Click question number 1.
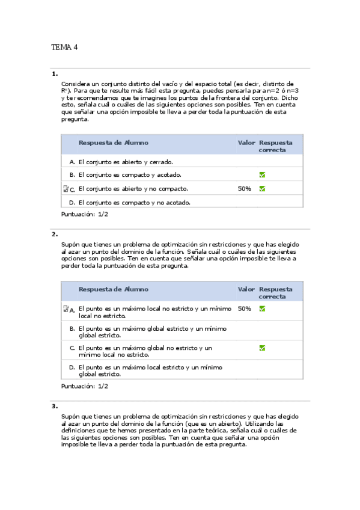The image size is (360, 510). [55, 74]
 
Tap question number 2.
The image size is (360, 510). [55, 234]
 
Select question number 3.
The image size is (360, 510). [55, 406]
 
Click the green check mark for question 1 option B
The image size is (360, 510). [262, 175]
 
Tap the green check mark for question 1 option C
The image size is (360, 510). [262, 188]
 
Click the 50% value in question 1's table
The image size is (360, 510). [245, 189]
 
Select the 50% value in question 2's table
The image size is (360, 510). [245, 309]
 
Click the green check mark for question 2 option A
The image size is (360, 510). [262, 309]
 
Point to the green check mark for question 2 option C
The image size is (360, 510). [262, 348]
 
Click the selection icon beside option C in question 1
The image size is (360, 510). [66, 189]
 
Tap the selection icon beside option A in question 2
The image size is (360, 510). [66, 309]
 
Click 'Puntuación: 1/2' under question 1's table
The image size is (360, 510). [85, 214]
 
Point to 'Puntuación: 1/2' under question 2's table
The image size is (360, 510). [85, 386]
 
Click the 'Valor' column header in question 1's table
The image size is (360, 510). [246, 143]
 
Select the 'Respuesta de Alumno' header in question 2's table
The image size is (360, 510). [113, 289]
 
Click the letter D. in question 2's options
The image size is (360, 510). [72, 367]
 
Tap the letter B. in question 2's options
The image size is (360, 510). [72, 328]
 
